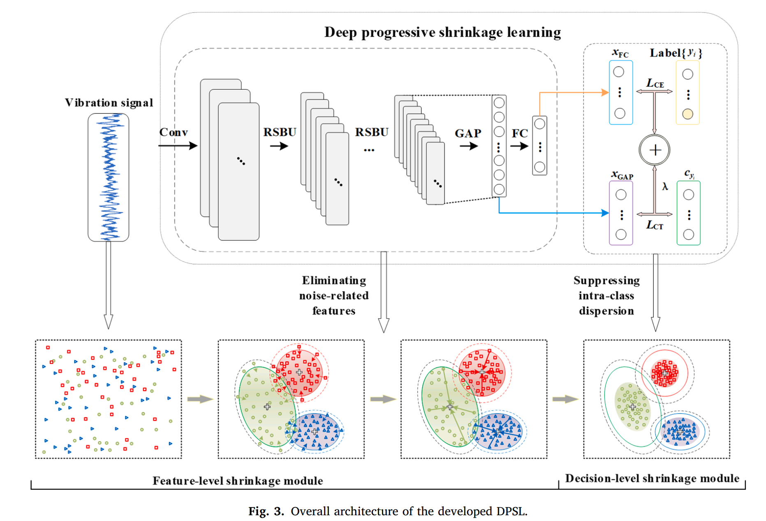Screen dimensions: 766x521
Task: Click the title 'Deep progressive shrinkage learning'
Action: (x=442, y=33)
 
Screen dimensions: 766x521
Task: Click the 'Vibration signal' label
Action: (x=109, y=102)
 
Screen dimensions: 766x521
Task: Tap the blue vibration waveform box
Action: (x=109, y=177)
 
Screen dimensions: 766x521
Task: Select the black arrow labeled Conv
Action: (x=178, y=145)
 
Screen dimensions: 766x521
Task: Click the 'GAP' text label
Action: (x=468, y=133)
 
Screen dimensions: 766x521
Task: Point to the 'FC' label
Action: (x=520, y=133)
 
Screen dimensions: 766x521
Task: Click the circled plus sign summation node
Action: (x=655, y=150)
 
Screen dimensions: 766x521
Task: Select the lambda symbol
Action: (x=665, y=186)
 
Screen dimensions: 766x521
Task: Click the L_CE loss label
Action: (x=655, y=83)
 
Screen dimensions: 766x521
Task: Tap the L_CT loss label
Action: (x=655, y=225)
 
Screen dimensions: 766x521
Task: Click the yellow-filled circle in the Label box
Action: (x=687, y=114)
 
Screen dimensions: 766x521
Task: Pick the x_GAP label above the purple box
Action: (x=622, y=175)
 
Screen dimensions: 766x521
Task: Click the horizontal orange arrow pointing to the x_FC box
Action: (x=574, y=93)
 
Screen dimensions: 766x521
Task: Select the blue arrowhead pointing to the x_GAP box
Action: (x=605, y=213)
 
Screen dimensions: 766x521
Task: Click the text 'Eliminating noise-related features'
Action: (x=334, y=295)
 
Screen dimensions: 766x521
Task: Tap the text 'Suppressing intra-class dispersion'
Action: (x=606, y=295)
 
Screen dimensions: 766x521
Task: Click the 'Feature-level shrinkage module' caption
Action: (x=238, y=481)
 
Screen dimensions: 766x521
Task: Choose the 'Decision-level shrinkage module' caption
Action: (x=652, y=478)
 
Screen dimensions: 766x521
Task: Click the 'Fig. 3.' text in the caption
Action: (x=266, y=511)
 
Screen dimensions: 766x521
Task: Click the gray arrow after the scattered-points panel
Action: (x=200, y=399)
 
